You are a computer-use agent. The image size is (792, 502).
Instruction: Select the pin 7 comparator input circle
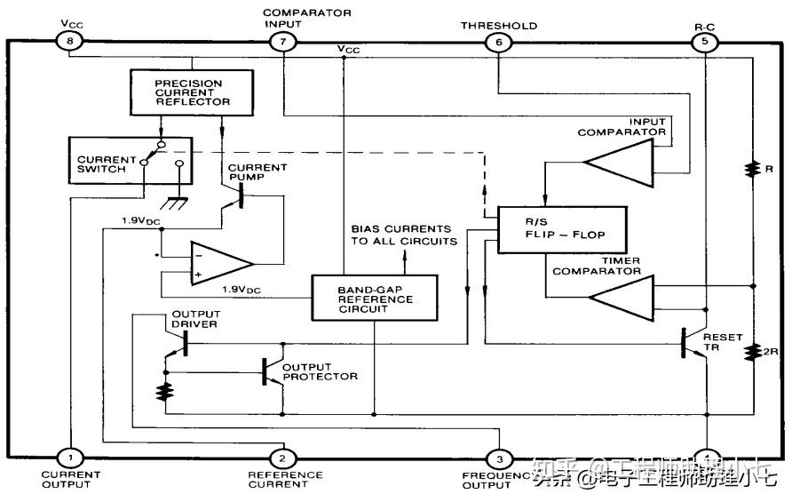click(282, 41)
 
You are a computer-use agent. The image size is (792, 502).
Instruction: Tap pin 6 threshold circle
click(498, 41)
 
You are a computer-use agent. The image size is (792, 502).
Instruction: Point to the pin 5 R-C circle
click(706, 41)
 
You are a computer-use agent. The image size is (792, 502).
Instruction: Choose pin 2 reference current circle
click(282, 458)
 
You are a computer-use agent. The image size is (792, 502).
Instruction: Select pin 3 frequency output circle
click(498, 458)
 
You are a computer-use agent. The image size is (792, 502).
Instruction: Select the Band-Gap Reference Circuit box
click(374, 297)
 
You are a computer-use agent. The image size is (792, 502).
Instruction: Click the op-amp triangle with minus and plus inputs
click(220, 263)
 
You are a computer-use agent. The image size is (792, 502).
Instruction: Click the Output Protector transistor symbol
click(269, 372)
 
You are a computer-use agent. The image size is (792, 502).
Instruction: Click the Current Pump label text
click(257, 172)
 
